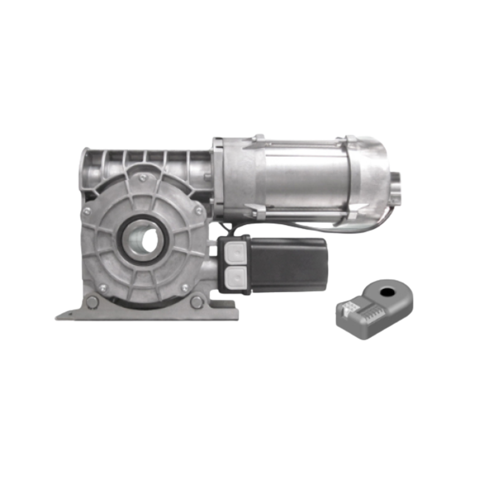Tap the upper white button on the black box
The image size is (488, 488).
(234, 251)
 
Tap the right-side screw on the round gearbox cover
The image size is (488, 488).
(198, 211)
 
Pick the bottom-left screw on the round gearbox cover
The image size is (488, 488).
(102, 287)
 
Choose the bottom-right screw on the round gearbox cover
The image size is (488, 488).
(185, 287)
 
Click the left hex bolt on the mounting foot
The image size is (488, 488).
(92, 302)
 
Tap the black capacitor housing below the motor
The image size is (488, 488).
(288, 263)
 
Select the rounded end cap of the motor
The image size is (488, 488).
(376, 176)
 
